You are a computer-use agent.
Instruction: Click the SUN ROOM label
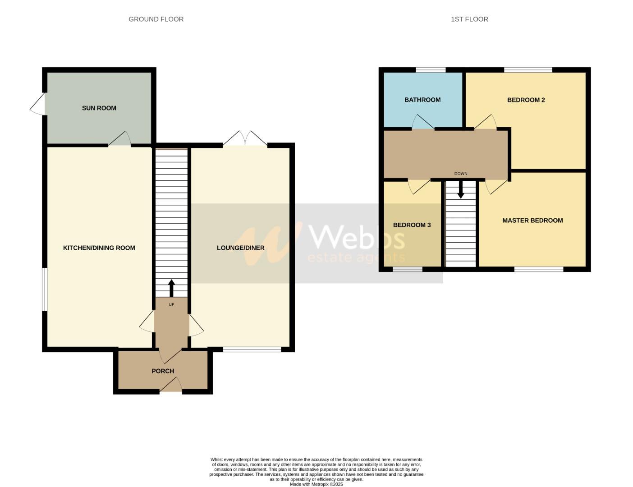coord(99,108)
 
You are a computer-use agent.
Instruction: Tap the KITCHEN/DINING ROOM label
coord(99,248)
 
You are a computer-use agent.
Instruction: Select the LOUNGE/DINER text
coord(240,248)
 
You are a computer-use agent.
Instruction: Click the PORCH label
coord(163,371)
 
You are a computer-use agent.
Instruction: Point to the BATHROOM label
coord(422,100)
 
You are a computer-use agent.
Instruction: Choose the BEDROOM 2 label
coord(526,100)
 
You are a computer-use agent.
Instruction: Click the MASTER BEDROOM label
coord(532,221)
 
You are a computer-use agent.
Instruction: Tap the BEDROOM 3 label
coord(412,225)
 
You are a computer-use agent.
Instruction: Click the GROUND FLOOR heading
coord(156,19)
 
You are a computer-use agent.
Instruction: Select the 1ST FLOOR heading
coord(469,19)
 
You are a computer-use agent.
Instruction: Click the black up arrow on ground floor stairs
coord(171,288)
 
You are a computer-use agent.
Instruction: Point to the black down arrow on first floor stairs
coord(460,190)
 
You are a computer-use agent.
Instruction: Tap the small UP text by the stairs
coord(171,304)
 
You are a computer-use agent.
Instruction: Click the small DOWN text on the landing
coord(461,174)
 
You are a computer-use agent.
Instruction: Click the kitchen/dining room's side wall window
coord(45,289)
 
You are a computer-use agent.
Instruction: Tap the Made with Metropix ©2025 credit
coord(316,484)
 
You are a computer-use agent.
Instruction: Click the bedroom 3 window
coord(407,269)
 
